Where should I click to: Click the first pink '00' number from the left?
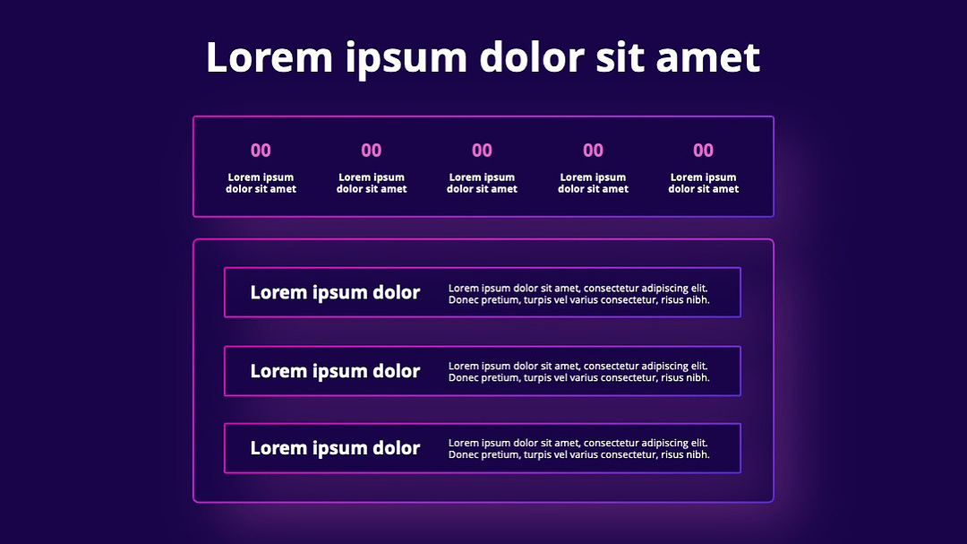pyautogui.click(x=261, y=150)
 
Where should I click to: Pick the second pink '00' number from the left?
pyautogui.click(x=372, y=150)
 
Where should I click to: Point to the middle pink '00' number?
pyautogui.click(x=483, y=150)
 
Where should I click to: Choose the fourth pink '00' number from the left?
pyautogui.click(x=594, y=150)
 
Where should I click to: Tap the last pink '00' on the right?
pyautogui.click(x=703, y=150)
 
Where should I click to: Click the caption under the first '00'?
pyautogui.click(x=261, y=184)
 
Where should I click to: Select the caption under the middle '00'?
pyautogui.click(x=483, y=184)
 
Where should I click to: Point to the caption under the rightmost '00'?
pyautogui.click(x=704, y=184)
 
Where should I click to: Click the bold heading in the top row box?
pyautogui.click(x=335, y=293)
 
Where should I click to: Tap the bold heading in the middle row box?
pyautogui.click(x=335, y=371)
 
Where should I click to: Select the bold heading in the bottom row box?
pyautogui.click(x=335, y=448)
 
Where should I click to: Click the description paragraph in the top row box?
pyautogui.click(x=579, y=294)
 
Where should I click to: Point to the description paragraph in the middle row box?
pyautogui.click(x=579, y=372)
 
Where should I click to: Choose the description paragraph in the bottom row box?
pyautogui.click(x=579, y=449)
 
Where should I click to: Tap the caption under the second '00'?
pyautogui.click(x=372, y=184)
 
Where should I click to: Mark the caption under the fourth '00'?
pyautogui.click(x=594, y=184)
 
